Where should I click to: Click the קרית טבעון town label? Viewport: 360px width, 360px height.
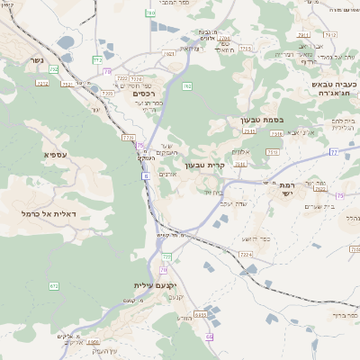coord(204,166)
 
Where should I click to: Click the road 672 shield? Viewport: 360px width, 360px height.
coord(54,285)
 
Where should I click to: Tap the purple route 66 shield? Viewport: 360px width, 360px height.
coord(209,336)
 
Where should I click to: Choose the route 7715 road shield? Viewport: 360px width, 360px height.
coord(126,138)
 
